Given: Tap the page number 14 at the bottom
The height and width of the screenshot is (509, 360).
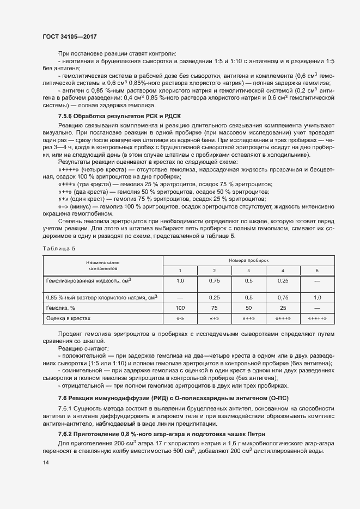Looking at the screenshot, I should tap(45, 462).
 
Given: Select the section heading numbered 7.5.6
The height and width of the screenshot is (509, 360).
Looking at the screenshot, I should tap(127, 116).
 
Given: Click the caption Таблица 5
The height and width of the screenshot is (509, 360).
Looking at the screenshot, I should tap(59, 248).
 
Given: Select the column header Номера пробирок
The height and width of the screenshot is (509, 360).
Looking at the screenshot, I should tap(249, 261).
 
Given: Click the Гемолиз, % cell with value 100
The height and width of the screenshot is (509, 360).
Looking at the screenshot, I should tap(180, 308).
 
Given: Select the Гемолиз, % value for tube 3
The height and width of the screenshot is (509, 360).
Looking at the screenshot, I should tap(248, 308).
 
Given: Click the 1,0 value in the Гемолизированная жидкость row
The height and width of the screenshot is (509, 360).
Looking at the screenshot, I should tap(180, 280).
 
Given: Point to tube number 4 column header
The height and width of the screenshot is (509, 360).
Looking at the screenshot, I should tap(283, 271).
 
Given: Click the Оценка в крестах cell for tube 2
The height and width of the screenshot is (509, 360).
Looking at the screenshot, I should tap(214, 318).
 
